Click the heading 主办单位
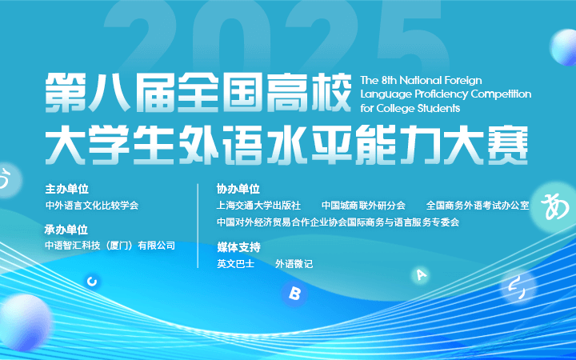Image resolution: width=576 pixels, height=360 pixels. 67,189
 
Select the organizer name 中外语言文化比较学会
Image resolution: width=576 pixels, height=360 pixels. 92,206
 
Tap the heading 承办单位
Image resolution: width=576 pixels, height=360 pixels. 66,230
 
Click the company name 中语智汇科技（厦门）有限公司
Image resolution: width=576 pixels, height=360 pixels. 110,246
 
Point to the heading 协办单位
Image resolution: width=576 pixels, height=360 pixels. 238,189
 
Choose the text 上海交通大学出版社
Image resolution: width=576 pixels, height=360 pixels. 258,206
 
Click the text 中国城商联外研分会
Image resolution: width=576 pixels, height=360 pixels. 364,206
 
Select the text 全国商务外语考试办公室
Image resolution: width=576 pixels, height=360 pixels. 478,206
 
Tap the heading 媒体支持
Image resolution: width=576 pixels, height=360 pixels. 238,247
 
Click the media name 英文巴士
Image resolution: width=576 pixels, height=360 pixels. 235,264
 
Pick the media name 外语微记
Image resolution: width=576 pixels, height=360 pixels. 294,264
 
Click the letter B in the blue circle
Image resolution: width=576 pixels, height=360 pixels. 294,293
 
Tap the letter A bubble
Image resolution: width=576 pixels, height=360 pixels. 421,274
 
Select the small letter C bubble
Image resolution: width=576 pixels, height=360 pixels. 92,282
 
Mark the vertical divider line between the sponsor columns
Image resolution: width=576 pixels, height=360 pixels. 198,226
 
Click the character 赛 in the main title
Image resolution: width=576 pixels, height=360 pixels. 508,145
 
